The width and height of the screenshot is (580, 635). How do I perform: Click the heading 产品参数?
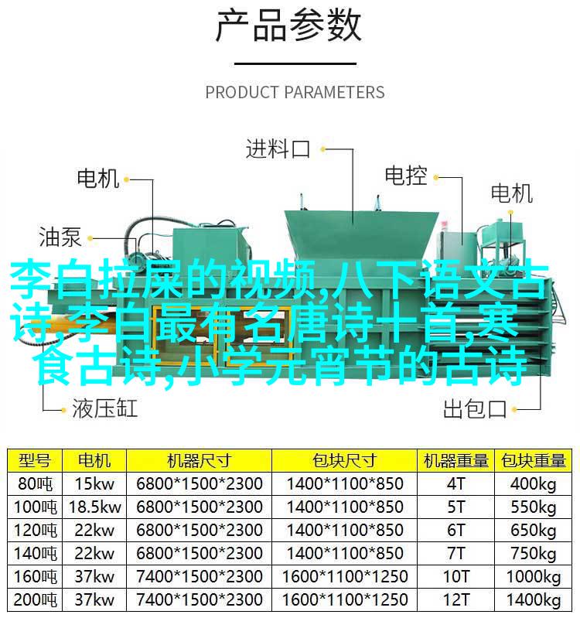pyautogui.click(x=288, y=26)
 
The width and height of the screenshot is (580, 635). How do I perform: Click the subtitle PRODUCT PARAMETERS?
pyautogui.click(x=295, y=92)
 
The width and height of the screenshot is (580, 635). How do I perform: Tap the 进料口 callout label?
pyautogui.click(x=278, y=149)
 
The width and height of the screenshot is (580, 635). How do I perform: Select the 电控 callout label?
pyautogui.click(x=406, y=176)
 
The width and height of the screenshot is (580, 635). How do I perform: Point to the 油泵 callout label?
pyautogui.click(x=60, y=237)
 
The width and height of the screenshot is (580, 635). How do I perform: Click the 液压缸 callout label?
pyautogui.click(x=105, y=408)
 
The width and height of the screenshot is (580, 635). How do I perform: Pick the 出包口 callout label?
pyautogui.click(x=475, y=409)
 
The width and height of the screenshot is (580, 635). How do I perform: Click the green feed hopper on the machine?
pyautogui.click(x=361, y=235)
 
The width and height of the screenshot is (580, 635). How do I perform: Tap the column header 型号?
pyautogui.click(x=35, y=461)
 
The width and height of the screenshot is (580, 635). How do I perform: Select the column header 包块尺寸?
pyautogui.click(x=344, y=461)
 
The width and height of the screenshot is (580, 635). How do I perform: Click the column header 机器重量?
pyautogui.click(x=456, y=461)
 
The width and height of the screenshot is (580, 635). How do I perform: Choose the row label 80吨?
pyautogui.click(x=35, y=483)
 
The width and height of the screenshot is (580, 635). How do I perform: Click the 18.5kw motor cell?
pyautogui.click(x=95, y=507)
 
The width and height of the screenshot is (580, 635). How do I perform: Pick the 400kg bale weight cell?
pyautogui.click(x=534, y=484)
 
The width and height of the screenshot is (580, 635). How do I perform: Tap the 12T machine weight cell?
pyautogui.click(x=456, y=599)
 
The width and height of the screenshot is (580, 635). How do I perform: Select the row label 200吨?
pyautogui.click(x=35, y=599)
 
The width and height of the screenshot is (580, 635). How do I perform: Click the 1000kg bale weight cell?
pyautogui.click(x=534, y=577)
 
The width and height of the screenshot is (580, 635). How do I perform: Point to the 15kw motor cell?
pyautogui.click(x=95, y=483)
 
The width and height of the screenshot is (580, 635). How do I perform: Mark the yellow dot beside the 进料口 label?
pyautogui.click(x=322, y=149)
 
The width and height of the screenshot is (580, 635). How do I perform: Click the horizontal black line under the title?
pyautogui.click(x=295, y=63)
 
